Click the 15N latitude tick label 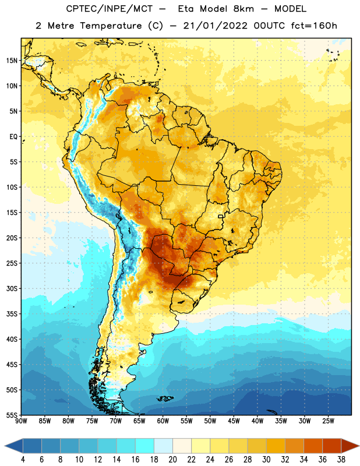pyautogui.click(x=12, y=61)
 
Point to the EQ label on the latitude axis pyautogui.click(x=13, y=137)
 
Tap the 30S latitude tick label pyautogui.click(x=12, y=288)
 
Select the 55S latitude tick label pyautogui.click(x=12, y=415)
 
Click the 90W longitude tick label pyautogui.click(x=21, y=421)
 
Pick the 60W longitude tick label pyautogui.click(x=163, y=421)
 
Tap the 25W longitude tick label pyautogui.click(x=328, y=421)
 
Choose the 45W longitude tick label pyautogui.click(x=234, y=421)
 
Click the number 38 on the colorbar pyautogui.click(x=341, y=459)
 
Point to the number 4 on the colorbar pyautogui.click(x=23, y=459)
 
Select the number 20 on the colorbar pyautogui.click(x=172, y=459)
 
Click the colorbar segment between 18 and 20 pyautogui.click(x=164, y=446)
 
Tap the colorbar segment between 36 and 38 pyautogui.click(x=332, y=446)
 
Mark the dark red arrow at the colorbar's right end pyautogui.click(x=350, y=446)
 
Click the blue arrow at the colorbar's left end pyautogui.click(x=14, y=446)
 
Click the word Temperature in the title pyautogui.click(x=111, y=26)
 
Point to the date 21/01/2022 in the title pyautogui.click(x=215, y=26)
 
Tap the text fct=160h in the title pyautogui.click(x=314, y=26)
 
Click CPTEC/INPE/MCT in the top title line pyautogui.click(x=110, y=9)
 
